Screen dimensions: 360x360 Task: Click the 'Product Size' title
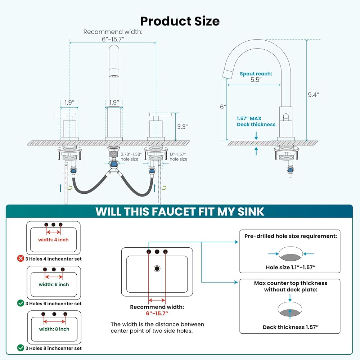180,21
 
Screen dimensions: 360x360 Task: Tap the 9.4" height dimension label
313,95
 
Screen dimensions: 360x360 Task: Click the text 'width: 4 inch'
53,240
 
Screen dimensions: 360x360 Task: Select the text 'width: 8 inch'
54,329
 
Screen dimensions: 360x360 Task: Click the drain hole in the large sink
157,268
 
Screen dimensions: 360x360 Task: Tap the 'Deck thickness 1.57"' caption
291,327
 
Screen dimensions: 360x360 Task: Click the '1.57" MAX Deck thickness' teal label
256,121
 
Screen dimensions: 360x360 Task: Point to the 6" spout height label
223,107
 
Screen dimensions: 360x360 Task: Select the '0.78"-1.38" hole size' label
129,157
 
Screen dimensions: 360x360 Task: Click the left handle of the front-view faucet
65,115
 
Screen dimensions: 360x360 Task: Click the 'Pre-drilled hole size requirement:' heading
291,236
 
